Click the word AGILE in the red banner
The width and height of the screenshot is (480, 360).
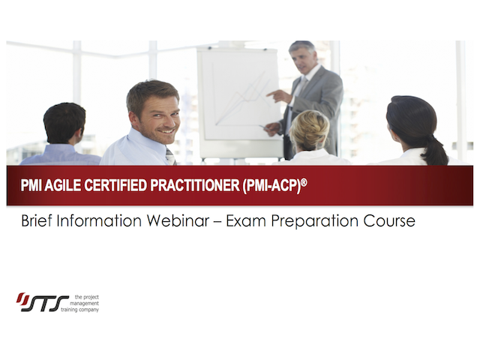tap(62, 185)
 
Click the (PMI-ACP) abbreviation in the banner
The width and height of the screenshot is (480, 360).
tap(271, 186)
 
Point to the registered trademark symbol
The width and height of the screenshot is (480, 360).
tap(304, 182)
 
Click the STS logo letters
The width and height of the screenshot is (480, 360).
tap(43, 302)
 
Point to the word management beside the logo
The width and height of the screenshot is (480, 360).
tap(85, 303)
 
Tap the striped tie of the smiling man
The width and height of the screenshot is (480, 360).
tap(171, 157)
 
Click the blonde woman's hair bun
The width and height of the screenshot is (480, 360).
tap(310, 128)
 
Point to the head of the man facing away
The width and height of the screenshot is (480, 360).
tap(64, 123)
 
